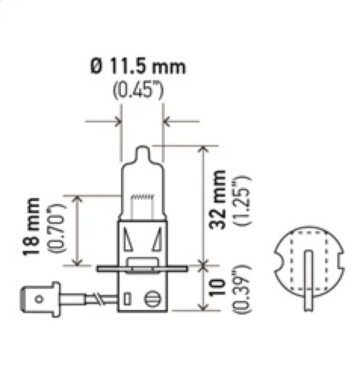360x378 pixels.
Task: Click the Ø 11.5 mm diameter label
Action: point(138,66)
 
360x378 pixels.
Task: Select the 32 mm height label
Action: point(218,199)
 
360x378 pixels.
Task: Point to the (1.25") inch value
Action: point(243,199)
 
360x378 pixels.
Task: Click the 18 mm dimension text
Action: point(33,226)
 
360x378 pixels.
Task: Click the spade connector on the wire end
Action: point(40,299)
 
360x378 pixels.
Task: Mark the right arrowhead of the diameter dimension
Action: point(166,121)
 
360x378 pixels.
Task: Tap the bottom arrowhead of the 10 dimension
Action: point(203,306)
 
